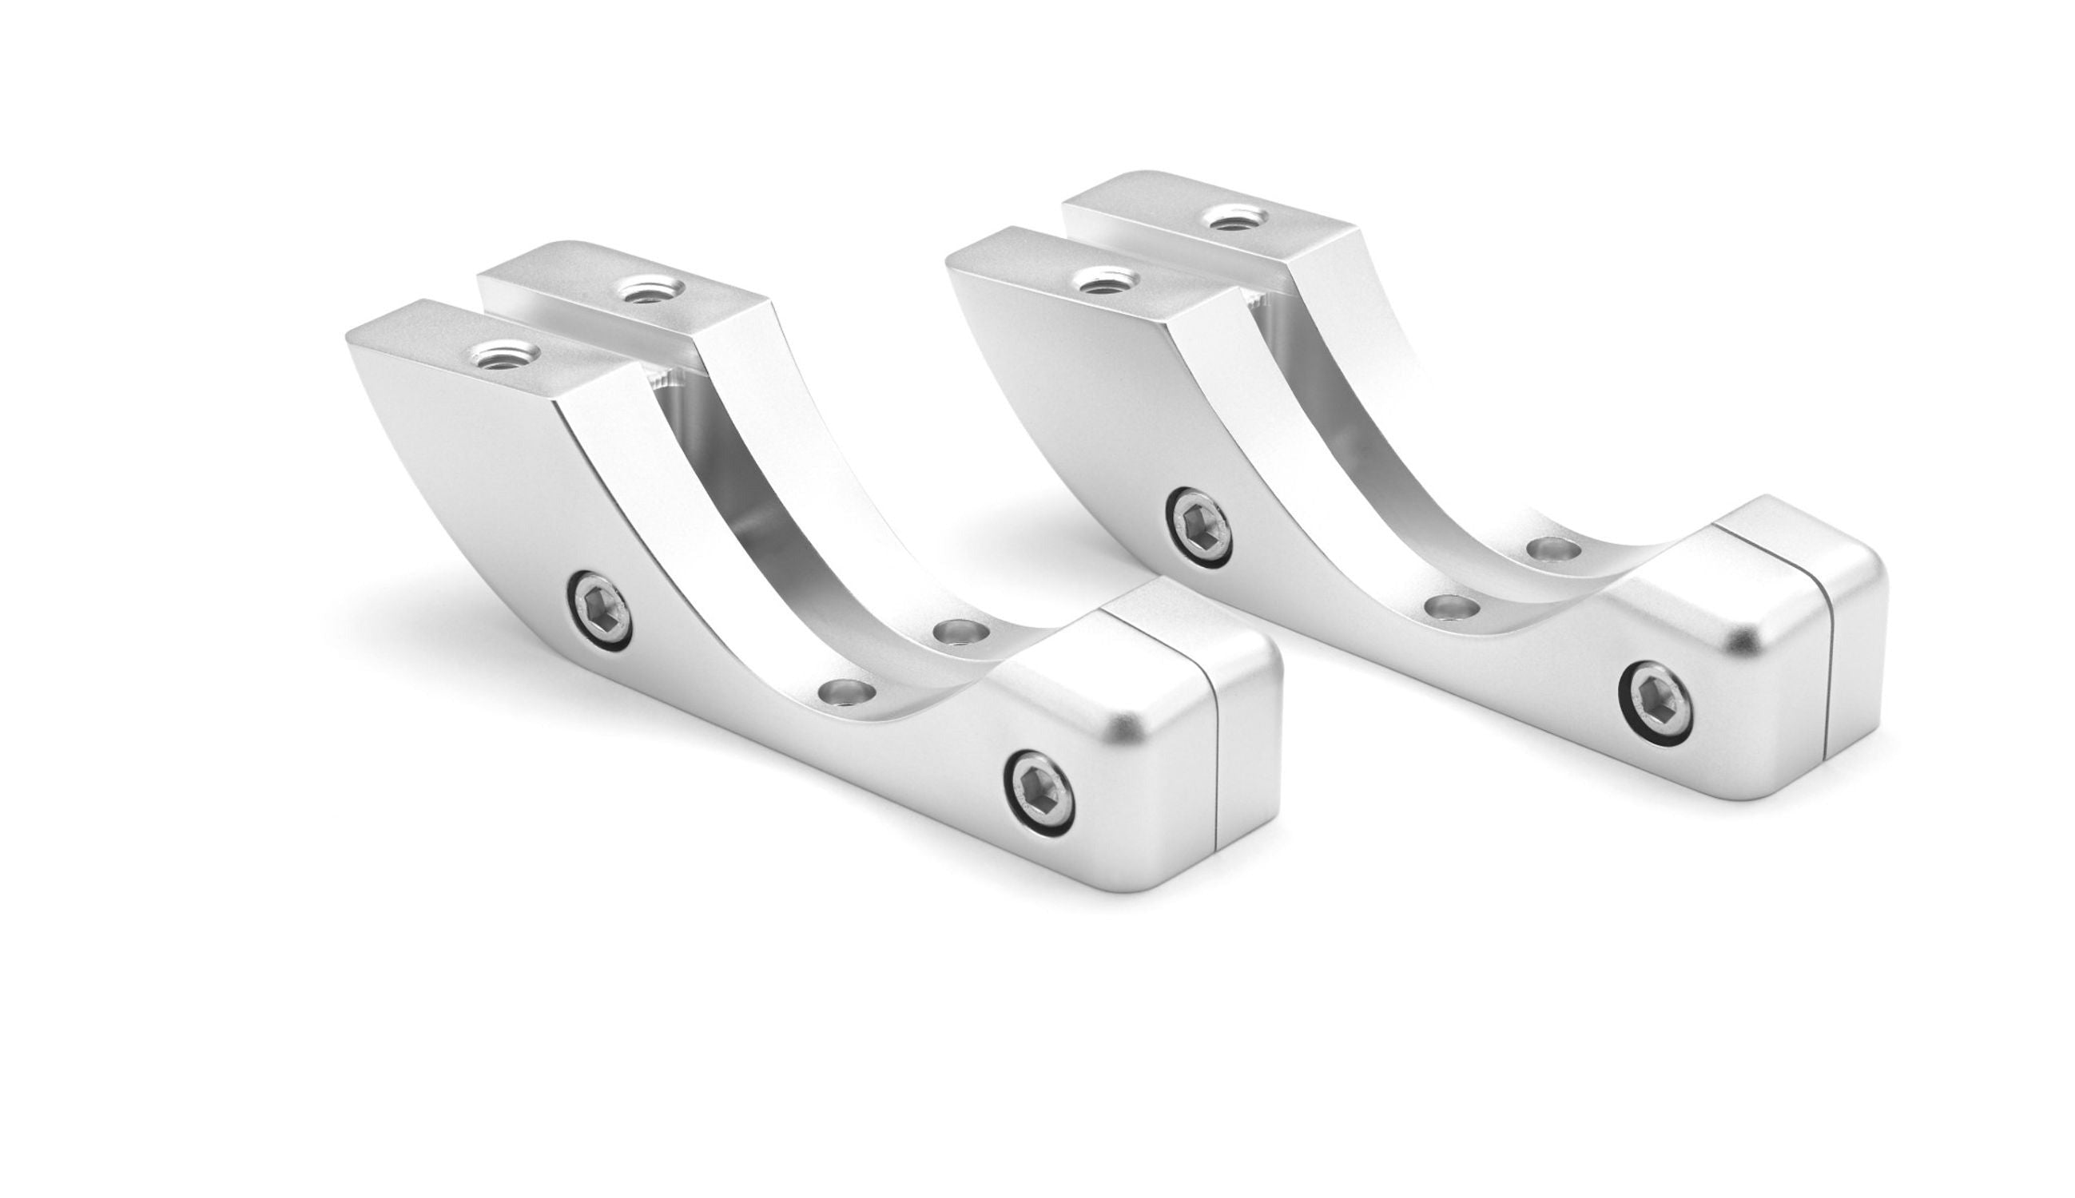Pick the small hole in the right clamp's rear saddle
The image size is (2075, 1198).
pyautogui.click(x=1552, y=549)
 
